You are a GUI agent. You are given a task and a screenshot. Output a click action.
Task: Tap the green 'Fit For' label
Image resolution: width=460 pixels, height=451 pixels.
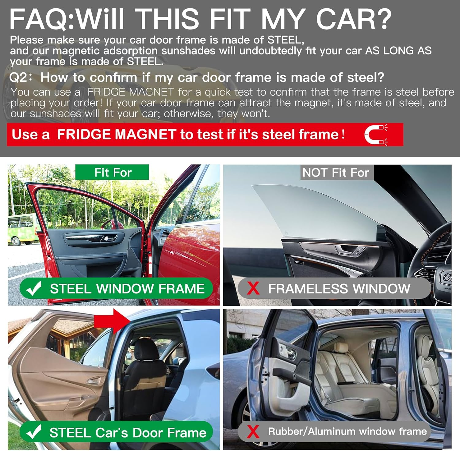[112, 172]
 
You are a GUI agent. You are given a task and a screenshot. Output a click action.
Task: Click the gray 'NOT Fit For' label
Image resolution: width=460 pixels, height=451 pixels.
[336, 172]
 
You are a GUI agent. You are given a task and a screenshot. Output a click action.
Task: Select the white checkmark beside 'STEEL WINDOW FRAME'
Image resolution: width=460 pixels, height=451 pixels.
[34, 288]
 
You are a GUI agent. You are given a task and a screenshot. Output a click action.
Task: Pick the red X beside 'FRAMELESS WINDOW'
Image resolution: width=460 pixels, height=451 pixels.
[253, 288]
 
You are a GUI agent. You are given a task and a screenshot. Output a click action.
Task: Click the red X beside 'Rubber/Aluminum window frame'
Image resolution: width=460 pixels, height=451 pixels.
[253, 432]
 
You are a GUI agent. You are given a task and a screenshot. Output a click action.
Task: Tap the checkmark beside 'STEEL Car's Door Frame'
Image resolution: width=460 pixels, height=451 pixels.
[34, 432]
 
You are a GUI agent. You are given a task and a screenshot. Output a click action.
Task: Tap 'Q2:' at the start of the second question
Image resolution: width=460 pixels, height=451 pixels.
[21, 78]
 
